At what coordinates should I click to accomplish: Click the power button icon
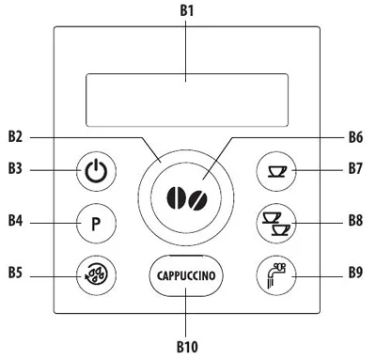tap(96, 171)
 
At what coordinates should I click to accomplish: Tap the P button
tap(96, 224)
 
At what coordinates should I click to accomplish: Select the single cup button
tap(276, 171)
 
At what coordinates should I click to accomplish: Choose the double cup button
tap(276, 224)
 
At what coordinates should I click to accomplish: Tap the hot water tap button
tap(276, 275)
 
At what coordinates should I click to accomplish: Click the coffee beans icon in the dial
tap(187, 198)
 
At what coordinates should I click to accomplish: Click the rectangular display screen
tap(187, 100)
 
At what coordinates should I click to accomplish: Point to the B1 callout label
tap(187, 10)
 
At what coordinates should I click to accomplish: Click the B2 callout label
tap(15, 137)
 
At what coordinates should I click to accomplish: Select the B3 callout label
tap(15, 168)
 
